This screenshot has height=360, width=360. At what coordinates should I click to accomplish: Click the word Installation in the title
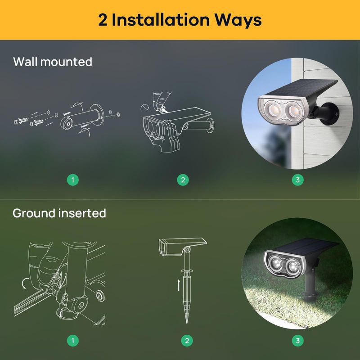coord(161,20)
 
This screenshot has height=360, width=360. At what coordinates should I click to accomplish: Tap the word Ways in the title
coord(238,21)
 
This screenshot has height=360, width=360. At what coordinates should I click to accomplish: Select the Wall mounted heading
coord(53,62)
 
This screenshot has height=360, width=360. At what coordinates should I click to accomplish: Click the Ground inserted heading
coord(59,213)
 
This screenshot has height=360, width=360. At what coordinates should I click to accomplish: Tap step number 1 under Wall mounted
coord(73,180)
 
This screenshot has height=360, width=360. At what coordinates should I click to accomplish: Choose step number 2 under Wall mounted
coord(183,180)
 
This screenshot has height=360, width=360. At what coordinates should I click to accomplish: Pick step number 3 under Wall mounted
coord(297,180)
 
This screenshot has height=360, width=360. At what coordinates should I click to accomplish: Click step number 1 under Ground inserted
coord(73,340)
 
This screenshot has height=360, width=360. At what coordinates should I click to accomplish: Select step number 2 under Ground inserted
coord(187,340)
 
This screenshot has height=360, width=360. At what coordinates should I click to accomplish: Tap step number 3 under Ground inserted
coord(297,340)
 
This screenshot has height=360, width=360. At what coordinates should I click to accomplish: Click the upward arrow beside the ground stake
coord(179,285)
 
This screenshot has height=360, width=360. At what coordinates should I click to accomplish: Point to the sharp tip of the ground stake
coord(187,323)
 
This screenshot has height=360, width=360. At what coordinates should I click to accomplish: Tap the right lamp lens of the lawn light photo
coord(293,266)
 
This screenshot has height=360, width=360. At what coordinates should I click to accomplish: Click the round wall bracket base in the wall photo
coord(331,114)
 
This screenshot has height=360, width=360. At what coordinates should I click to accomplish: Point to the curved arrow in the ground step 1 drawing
coord(25,283)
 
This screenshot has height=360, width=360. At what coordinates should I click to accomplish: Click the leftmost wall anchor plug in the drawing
coord(21,121)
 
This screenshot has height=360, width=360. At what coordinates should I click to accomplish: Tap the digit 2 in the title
coord(103,20)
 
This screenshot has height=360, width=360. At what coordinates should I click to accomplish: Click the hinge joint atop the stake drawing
coord(188,249)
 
